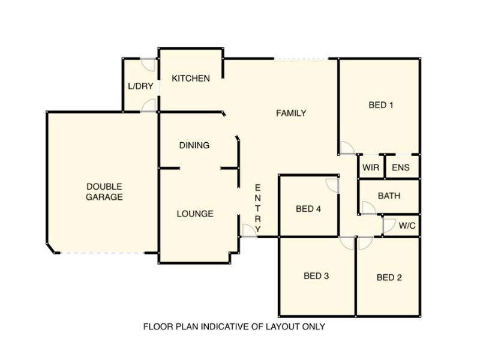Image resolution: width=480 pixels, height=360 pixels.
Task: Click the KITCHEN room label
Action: click(x=191, y=79)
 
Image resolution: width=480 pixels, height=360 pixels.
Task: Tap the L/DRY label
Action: click(x=140, y=86)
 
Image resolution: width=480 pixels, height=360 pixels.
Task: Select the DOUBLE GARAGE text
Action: click(x=104, y=191)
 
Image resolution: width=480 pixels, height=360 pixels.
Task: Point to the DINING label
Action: click(x=194, y=145)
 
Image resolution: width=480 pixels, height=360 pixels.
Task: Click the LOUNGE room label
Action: click(x=195, y=214)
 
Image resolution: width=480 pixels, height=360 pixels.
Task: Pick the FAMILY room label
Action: click(x=291, y=113)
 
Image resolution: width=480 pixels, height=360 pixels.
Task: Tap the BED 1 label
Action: click(x=381, y=105)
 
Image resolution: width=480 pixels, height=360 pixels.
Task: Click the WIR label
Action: click(x=371, y=167)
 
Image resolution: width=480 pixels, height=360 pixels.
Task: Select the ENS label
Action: click(x=401, y=167)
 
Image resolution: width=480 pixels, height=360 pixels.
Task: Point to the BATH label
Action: click(x=389, y=196)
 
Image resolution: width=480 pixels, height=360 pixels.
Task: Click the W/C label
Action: click(x=407, y=226)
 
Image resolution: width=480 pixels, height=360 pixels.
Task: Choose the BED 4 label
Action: click(x=308, y=209)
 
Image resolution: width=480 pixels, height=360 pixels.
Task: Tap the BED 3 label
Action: click(x=316, y=276)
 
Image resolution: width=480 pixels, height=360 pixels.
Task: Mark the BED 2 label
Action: click(x=389, y=277)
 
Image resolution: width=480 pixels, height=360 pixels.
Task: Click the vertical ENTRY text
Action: click(x=258, y=208)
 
